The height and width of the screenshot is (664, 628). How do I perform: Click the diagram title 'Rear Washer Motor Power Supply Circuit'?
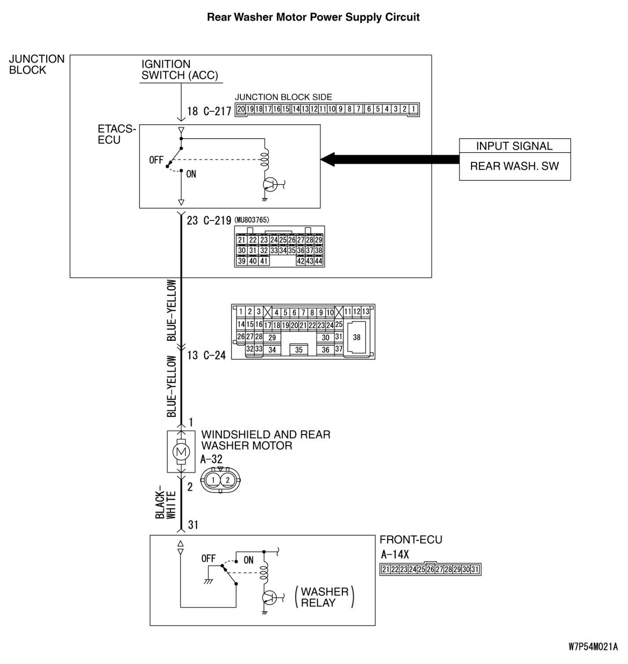point(313,18)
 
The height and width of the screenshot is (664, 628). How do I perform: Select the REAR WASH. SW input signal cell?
point(515,166)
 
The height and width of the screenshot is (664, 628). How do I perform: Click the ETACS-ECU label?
point(116,135)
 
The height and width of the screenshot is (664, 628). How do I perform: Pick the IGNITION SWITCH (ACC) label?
point(179,70)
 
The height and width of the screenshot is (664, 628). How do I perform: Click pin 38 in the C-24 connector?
point(357,337)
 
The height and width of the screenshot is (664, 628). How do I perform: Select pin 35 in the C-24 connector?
point(299,350)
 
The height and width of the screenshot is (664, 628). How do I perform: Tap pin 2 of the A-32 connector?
point(227,480)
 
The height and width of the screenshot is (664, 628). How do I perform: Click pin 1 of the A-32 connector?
point(214,480)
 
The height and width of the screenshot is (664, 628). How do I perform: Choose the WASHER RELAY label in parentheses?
point(324,597)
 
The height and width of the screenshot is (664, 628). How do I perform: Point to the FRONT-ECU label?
point(411,540)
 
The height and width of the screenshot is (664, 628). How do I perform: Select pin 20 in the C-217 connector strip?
point(241,109)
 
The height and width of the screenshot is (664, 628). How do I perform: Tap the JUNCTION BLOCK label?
point(37,65)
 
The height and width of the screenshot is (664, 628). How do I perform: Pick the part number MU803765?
point(252,220)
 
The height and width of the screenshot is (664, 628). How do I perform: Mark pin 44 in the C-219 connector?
point(318,261)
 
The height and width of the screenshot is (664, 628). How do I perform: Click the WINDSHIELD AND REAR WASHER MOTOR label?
point(266,440)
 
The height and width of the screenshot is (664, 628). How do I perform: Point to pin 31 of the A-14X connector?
point(475,570)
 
